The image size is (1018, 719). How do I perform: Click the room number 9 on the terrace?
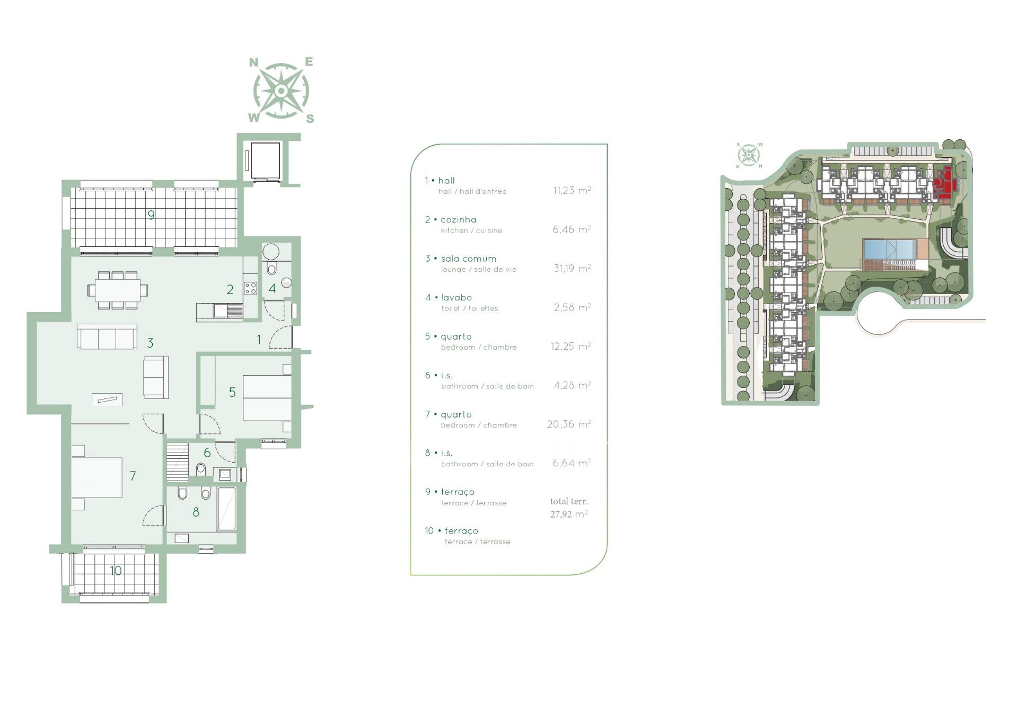tap(152, 215)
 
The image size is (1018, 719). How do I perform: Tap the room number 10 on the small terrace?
tap(116, 571)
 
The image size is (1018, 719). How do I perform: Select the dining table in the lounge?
tap(118, 290)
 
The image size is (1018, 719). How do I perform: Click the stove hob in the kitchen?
tap(250, 288)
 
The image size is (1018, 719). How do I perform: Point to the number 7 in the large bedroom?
tap(133, 476)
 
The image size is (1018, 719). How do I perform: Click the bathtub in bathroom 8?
tap(227, 509)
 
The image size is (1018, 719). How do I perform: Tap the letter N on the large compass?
tap(253, 63)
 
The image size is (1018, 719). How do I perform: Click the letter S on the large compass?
tap(310, 119)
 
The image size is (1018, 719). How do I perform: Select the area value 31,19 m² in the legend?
tap(572, 268)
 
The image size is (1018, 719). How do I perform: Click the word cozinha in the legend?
tap(459, 219)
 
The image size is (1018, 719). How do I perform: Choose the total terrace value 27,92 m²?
tap(569, 514)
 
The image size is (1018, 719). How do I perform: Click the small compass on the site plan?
tap(749, 155)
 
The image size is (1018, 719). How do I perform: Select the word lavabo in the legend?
tap(457, 297)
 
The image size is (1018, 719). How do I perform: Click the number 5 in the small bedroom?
tap(232, 392)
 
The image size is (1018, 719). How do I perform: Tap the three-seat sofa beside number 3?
tap(107, 336)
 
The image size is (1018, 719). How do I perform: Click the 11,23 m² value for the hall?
tap(572, 190)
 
